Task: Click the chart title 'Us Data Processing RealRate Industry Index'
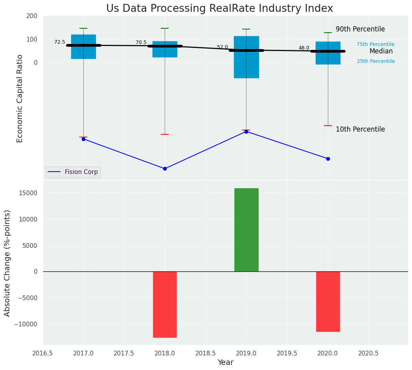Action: pyautogui.click(x=219, y=9)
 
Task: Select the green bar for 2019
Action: pyautogui.click(x=246, y=230)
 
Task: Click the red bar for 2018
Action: pyautogui.click(x=165, y=304)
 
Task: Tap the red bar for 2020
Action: pyautogui.click(x=328, y=302)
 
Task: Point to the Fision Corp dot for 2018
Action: pyautogui.click(x=165, y=169)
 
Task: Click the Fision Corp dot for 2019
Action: pyautogui.click(x=246, y=132)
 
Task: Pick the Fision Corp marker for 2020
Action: pyautogui.click(x=328, y=159)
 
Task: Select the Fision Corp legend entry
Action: pyautogui.click(x=73, y=172)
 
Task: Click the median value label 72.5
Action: pyautogui.click(x=60, y=42)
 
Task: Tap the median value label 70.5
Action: pyautogui.click(x=141, y=42)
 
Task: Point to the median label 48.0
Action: pyautogui.click(x=304, y=48)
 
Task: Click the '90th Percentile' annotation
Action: pyautogui.click(x=360, y=29)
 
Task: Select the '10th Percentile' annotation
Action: pyautogui.click(x=360, y=129)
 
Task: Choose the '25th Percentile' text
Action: pyautogui.click(x=375, y=61)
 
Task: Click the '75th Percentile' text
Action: pyautogui.click(x=375, y=44)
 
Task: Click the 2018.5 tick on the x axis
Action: pyautogui.click(x=206, y=354)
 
